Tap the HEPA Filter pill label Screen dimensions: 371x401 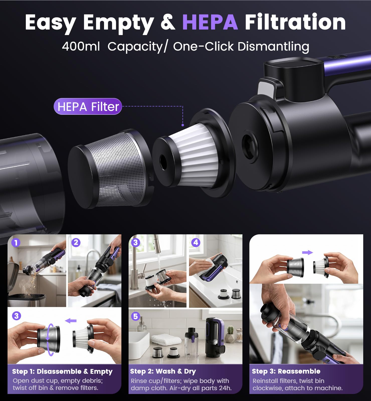(x=88, y=107)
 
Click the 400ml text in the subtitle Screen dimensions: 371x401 (x=81, y=46)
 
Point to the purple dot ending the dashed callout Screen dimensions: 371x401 (x=183, y=125)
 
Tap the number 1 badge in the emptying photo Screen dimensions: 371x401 (x=16, y=243)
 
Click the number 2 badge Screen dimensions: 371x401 (x=76, y=243)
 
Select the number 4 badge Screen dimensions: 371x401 (x=196, y=243)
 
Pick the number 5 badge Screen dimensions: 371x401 (x=136, y=316)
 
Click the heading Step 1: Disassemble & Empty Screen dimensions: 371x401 (x=62, y=371)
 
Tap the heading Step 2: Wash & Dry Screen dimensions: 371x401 (x=163, y=371)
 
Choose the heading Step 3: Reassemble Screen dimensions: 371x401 (x=286, y=371)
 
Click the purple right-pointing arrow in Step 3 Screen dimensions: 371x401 (x=308, y=252)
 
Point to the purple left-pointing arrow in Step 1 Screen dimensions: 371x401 (x=71, y=321)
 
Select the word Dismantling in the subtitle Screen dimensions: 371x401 (x=273, y=47)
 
